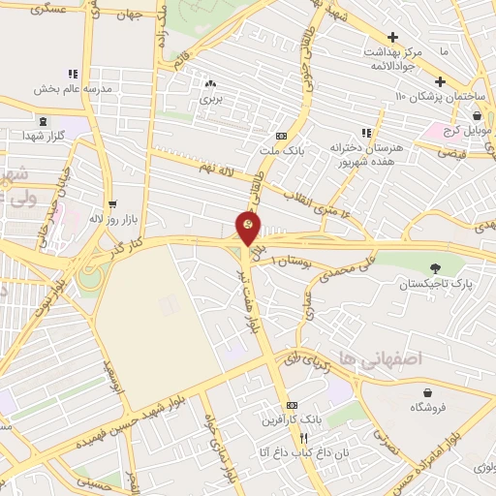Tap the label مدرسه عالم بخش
(72, 89)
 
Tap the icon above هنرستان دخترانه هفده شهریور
(366, 133)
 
